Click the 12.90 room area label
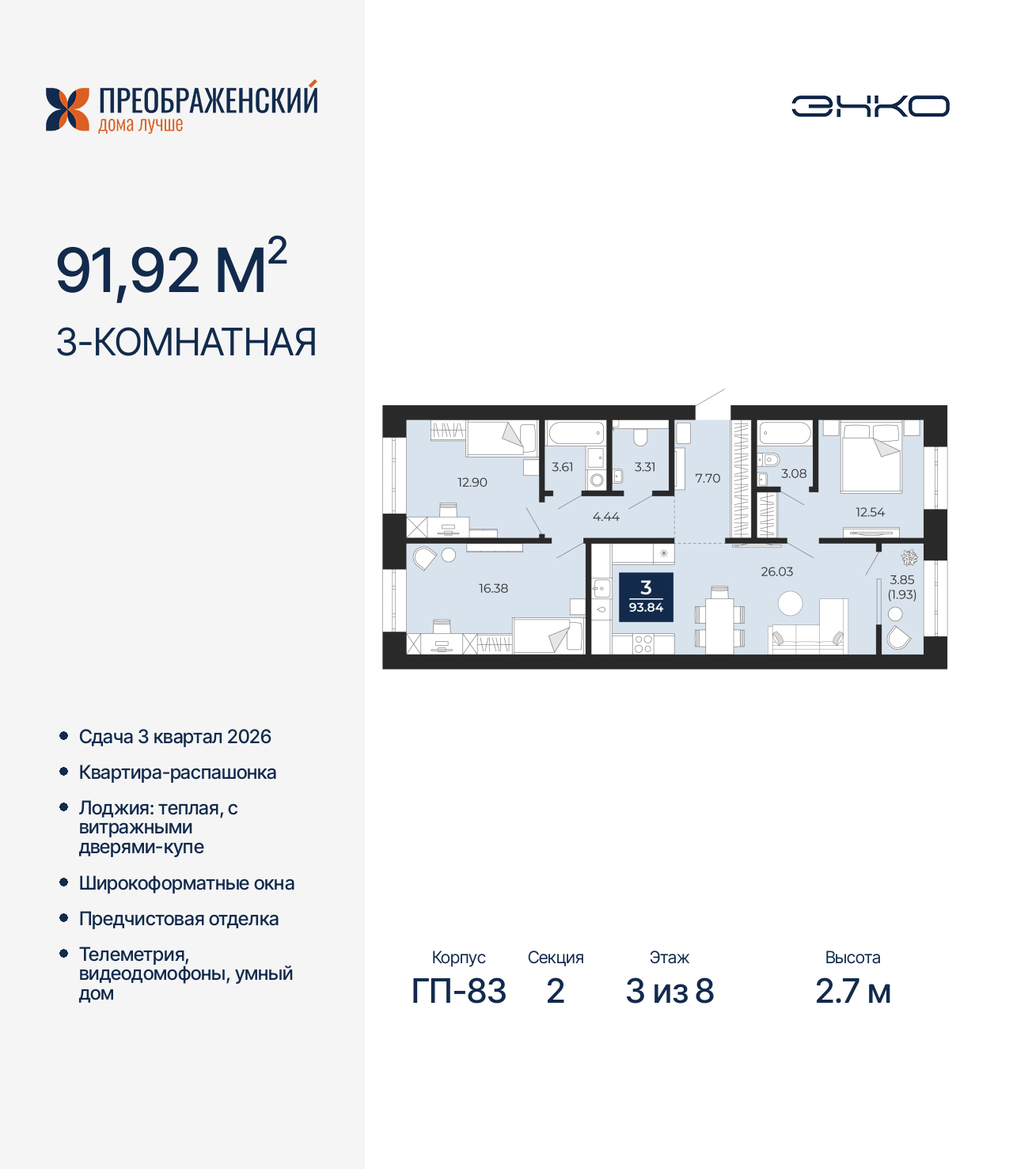pos(472,482)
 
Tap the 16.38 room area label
pos(493,588)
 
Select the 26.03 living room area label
pos(776,571)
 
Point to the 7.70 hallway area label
pos(708,478)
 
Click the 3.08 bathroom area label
pos(794,473)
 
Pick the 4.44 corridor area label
pos(606,517)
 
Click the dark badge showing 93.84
pos(646,597)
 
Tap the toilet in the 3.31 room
pos(640,437)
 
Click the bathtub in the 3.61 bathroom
pos(576,433)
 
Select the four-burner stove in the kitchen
pos(643,643)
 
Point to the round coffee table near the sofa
pos(790,604)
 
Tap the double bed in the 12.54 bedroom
pos(871,457)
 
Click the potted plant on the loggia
pos(909,557)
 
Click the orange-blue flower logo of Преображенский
pos(67,109)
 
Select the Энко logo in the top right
pos(871,106)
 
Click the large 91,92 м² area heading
pos(171,268)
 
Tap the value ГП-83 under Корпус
pos(459,991)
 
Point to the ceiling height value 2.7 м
pos(853,991)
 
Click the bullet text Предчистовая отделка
pos(179,919)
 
